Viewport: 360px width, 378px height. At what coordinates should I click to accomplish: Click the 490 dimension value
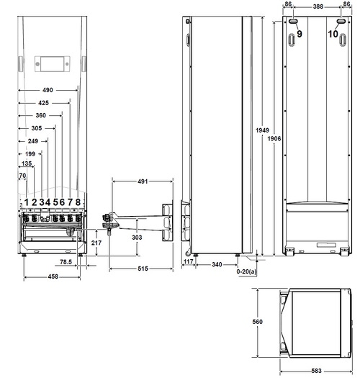pos(47,91)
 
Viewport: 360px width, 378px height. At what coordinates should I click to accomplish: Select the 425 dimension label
pos(45,103)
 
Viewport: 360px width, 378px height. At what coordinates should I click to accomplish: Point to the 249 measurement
pos(32,140)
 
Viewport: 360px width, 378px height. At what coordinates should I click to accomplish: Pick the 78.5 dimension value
pos(65,261)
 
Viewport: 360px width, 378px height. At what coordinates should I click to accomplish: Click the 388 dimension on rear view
pos(318,5)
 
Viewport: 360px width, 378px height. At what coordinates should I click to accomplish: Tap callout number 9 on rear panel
pos(300,34)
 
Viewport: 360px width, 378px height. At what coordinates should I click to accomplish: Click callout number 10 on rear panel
pos(334,34)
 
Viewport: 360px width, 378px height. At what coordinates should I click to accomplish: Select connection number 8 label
pos(78,202)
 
